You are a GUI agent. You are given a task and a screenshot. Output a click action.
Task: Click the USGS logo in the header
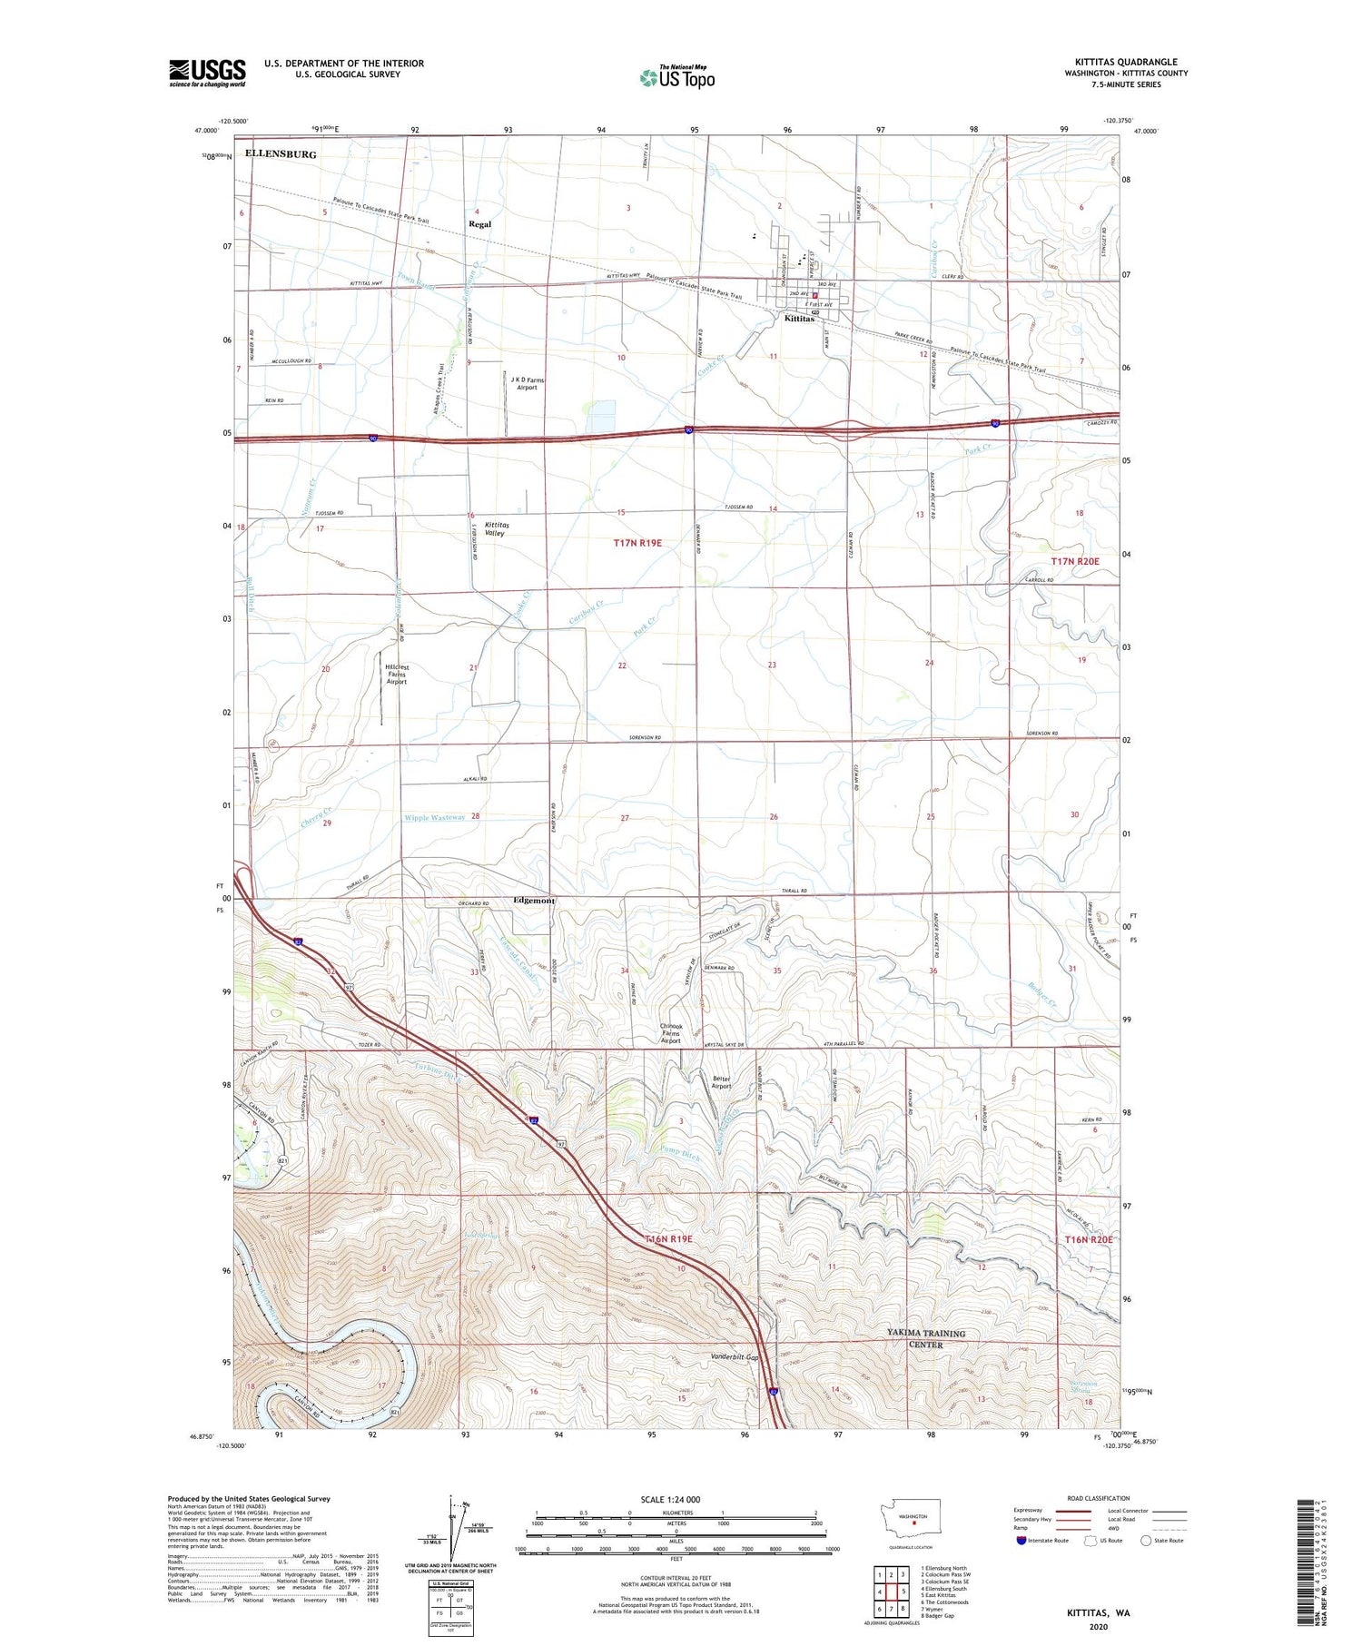[207, 73]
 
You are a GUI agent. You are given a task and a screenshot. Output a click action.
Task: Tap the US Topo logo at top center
[676, 78]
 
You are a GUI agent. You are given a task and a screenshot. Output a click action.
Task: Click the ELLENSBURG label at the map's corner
[281, 154]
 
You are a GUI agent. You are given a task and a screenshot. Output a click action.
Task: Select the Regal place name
[479, 223]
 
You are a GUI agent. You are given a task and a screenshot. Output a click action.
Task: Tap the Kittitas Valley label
[496, 529]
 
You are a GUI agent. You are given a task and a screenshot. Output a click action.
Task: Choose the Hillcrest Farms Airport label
[397, 674]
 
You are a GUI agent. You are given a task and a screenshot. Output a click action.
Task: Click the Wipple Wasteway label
[435, 817]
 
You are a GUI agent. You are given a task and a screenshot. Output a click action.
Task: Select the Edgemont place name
[534, 901]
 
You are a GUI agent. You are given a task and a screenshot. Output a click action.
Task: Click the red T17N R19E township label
[637, 543]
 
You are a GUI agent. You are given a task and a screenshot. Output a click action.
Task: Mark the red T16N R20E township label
[1088, 1239]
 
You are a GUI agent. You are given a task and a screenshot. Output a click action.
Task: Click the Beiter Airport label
[721, 1082]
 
